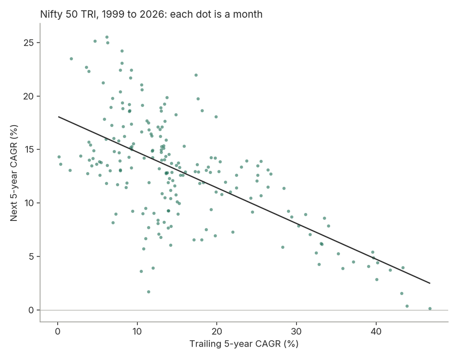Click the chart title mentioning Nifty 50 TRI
pyautogui.click(x=151, y=14)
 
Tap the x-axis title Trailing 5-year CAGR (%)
pyautogui.click(x=244, y=344)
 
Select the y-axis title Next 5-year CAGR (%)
pyautogui.click(x=14, y=173)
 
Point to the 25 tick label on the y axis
pyautogui.click(x=29, y=42)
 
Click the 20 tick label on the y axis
pyautogui.click(x=29, y=96)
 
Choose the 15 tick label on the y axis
pyautogui.click(x=29, y=149)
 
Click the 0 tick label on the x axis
pyautogui.click(x=58, y=332)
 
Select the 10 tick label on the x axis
pyautogui.click(x=137, y=332)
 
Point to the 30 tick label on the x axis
pyautogui.click(x=297, y=332)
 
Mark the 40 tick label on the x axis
pyautogui.click(x=376, y=332)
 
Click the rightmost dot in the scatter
pyautogui.click(x=430, y=309)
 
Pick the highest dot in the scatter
pyautogui.click(x=107, y=37)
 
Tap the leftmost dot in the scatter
pyautogui.click(x=59, y=157)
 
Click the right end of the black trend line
pyautogui.click(x=430, y=283)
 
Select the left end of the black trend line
pyautogui.click(x=59, y=117)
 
